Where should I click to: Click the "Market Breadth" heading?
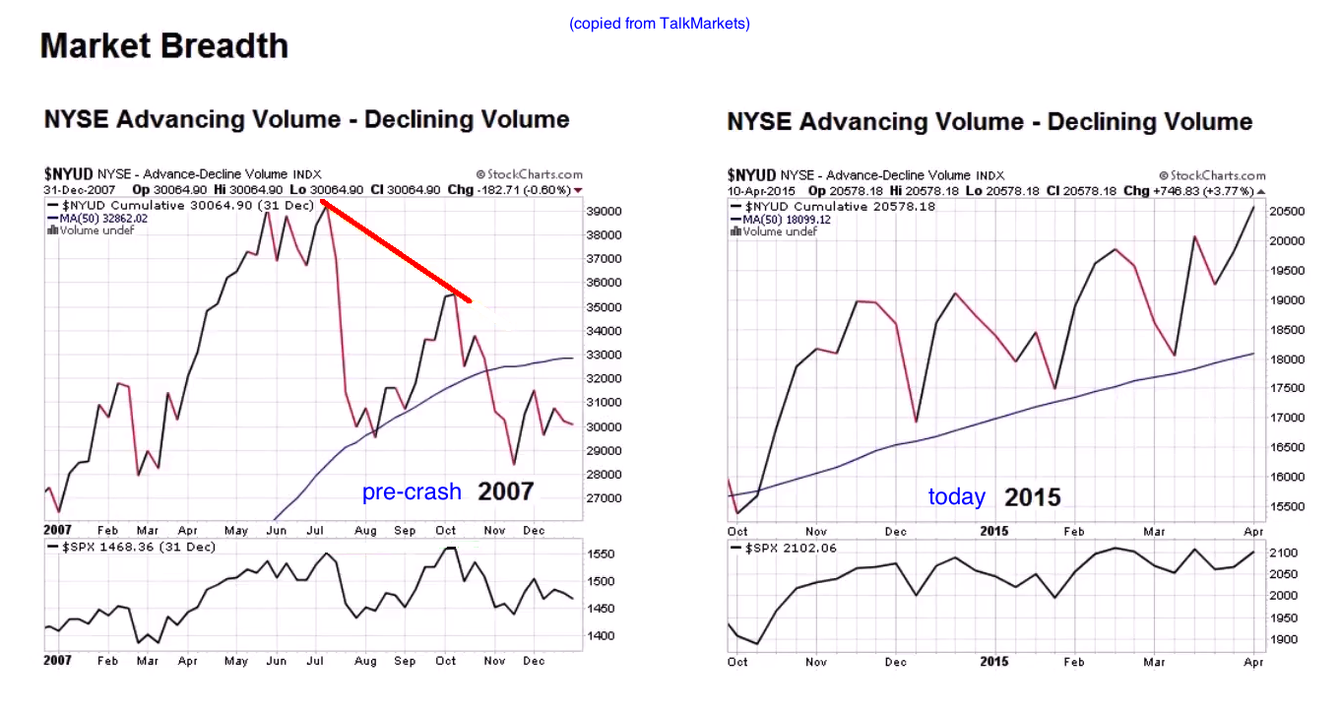tap(164, 46)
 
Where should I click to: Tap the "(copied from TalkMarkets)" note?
tap(659, 24)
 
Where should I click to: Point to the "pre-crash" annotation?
tap(412, 491)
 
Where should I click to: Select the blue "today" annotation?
tap(956, 496)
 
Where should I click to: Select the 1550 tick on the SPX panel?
tap(602, 554)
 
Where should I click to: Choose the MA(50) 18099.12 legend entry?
tap(786, 219)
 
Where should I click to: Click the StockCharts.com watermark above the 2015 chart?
tap(1213, 175)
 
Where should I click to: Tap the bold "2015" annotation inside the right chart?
tap(1032, 497)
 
